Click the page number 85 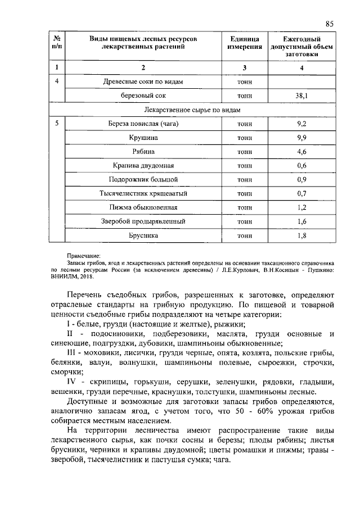click(x=330, y=23)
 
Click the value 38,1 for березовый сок click(x=301, y=96)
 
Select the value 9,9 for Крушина click(x=301, y=138)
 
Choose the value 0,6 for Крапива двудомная click(x=301, y=166)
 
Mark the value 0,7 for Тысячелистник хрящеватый click(x=301, y=194)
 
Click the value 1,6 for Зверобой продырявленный click(x=301, y=222)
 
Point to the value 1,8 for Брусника click(x=301, y=236)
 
